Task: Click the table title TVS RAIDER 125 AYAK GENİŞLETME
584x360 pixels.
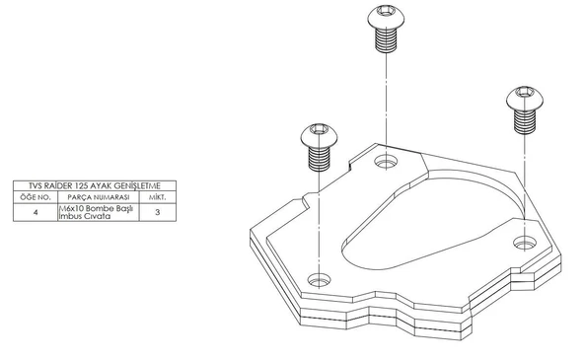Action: click(x=95, y=185)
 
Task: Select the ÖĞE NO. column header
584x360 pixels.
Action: click(x=36, y=197)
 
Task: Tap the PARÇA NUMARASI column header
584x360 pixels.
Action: click(x=99, y=197)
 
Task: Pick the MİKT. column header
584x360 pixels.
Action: click(x=158, y=197)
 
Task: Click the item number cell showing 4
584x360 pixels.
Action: click(x=36, y=212)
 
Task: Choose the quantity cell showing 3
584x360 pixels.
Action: click(x=158, y=212)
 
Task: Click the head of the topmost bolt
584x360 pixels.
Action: click(x=386, y=17)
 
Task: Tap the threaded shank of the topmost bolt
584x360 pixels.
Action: click(x=387, y=40)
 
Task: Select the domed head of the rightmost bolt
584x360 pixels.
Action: click(x=525, y=99)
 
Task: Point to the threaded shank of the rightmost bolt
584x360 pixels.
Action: click(x=525, y=122)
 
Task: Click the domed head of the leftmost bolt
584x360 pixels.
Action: click(x=320, y=136)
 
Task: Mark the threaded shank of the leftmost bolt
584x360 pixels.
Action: click(x=320, y=159)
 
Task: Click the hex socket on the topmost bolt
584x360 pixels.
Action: click(x=386, y=11)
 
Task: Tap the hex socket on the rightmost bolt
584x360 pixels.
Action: click(x=524, y=92)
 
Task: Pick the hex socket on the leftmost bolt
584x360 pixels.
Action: click(x=319, y=129)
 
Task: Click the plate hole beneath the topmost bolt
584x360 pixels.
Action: click(x=386, y=162)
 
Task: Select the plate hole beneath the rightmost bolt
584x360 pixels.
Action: click(x=525, y=243)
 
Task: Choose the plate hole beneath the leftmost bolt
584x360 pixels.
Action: click(x=320, y=280)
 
